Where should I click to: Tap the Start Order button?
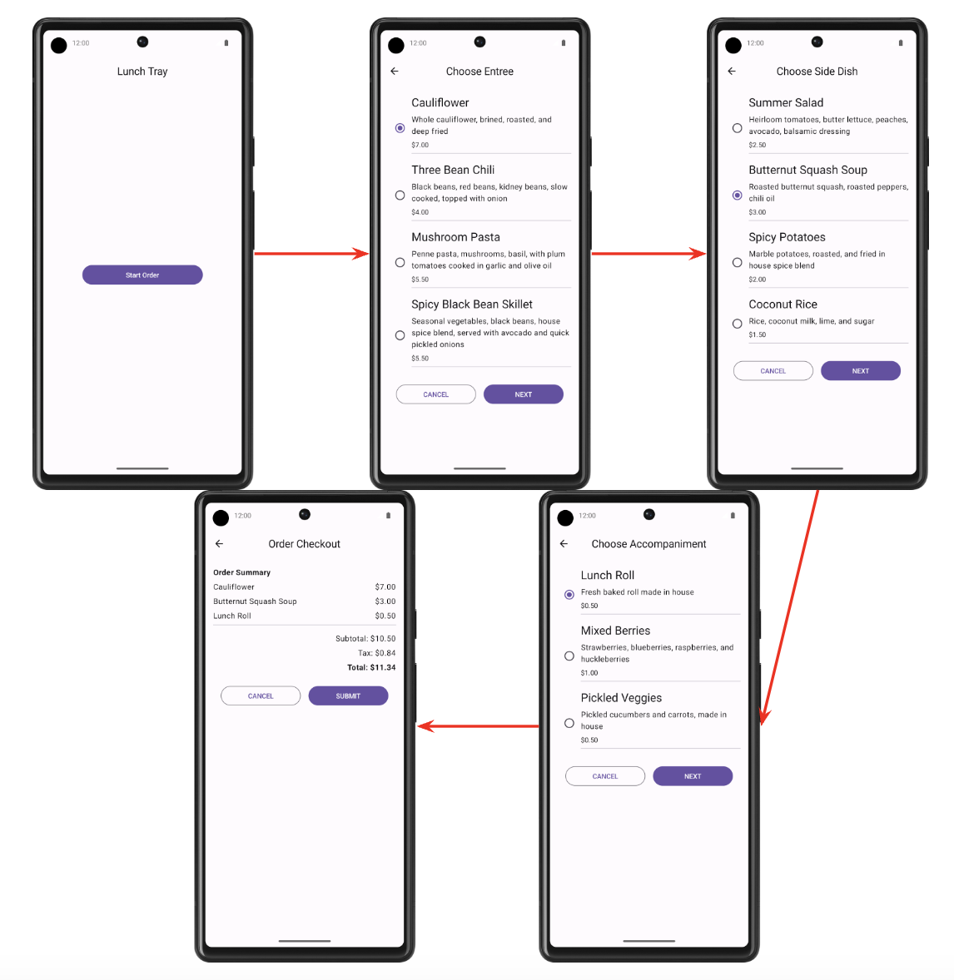[x=142, y=275]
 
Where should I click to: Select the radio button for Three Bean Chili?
[x=400, y=195]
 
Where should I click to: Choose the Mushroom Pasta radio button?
[x=400, y=263]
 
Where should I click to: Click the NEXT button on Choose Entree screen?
[x=524, y=394]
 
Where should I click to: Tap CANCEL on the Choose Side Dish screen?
[x=773, y=371]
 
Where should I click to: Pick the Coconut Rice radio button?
[x=737, y=324]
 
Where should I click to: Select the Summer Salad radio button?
[x=737, y=128]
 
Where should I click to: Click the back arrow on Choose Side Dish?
[x=732, y=72]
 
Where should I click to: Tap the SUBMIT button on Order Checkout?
[x=349, y=695]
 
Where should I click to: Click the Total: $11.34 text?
[x=371, y=667]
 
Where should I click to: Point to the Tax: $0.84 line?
[x=376, y=653]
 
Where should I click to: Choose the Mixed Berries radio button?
[x=569, y=656]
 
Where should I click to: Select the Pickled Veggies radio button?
[x=569, y=723]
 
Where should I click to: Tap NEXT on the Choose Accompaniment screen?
[x=693, y=776]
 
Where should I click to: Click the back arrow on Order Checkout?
[x=219, y=544]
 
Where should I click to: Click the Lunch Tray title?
[x=142, y=72]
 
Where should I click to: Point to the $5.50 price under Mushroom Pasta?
[x=420, y=280]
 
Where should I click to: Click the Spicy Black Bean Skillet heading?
[x=472, y=304]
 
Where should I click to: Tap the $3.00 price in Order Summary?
[x=385, y=601]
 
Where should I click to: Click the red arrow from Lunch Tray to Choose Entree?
[x=311, y=254]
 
